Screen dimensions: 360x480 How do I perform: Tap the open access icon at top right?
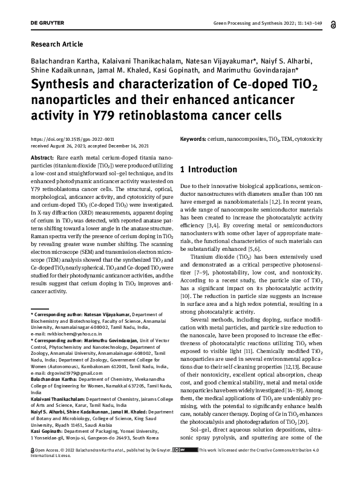[x=333, y=24]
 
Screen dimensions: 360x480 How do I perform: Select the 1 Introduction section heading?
[x=209, y=169]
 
